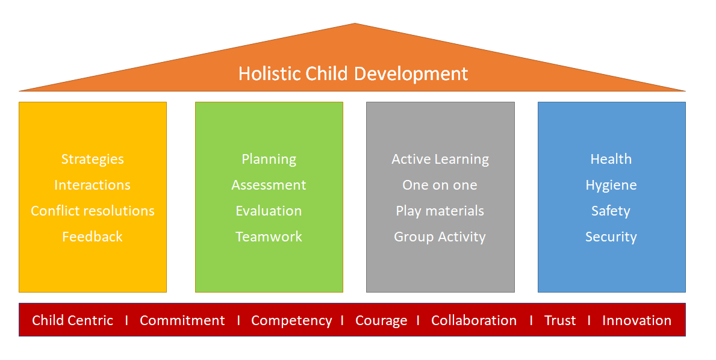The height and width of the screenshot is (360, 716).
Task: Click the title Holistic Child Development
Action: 353,74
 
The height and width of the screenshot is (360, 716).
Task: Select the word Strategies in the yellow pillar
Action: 93,160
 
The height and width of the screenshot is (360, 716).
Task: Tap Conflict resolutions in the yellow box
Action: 93,211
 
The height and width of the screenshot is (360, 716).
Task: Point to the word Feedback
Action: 92,237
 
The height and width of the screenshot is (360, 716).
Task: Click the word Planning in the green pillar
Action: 269,160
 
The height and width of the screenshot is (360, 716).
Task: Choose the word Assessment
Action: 269,185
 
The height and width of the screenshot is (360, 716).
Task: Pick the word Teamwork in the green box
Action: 269,237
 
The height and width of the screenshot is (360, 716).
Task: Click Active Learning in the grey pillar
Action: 440,160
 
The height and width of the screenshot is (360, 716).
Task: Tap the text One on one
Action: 440,185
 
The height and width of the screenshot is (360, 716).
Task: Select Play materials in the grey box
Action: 440,211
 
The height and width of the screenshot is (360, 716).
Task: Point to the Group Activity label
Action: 440,237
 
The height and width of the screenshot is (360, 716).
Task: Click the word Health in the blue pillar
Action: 611,159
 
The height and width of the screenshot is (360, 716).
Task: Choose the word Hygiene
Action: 611,185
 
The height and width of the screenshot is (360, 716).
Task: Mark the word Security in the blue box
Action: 611,237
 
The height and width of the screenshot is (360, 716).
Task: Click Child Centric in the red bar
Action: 73,320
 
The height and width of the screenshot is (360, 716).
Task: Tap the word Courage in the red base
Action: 381,321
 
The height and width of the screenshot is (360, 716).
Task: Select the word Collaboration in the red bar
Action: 474,320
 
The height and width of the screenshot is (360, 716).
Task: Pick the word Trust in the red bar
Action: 560,320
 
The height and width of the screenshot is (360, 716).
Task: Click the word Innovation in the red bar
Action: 637,320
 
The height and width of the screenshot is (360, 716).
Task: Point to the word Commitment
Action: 182,320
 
